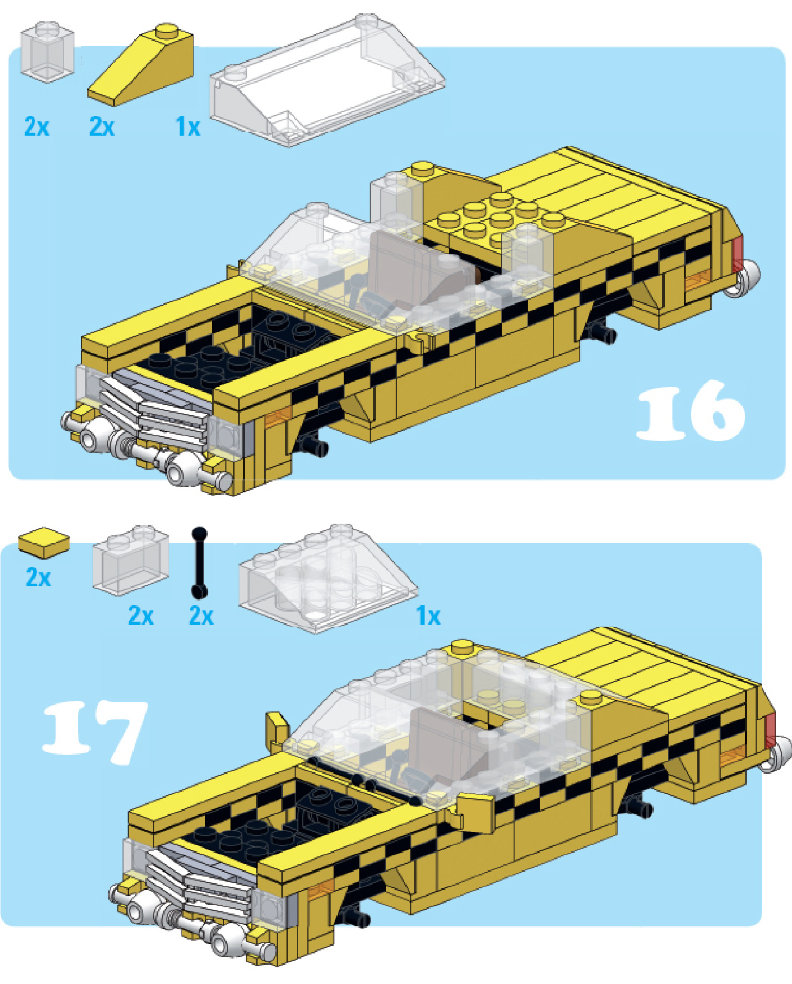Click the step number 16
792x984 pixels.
point(690,411)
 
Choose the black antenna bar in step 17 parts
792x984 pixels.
point(199,562)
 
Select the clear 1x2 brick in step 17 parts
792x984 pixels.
point(132,560)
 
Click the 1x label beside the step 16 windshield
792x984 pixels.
point(188,126)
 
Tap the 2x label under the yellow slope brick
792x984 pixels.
point(102,126)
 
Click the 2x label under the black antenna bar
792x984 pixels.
point(202,616)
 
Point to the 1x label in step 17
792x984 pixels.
point(428,616)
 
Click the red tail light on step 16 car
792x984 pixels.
point(737,255)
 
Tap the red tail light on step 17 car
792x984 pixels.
point(770,730)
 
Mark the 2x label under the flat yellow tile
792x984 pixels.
point(38,577)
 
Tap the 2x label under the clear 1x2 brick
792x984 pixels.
point(141,616)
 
